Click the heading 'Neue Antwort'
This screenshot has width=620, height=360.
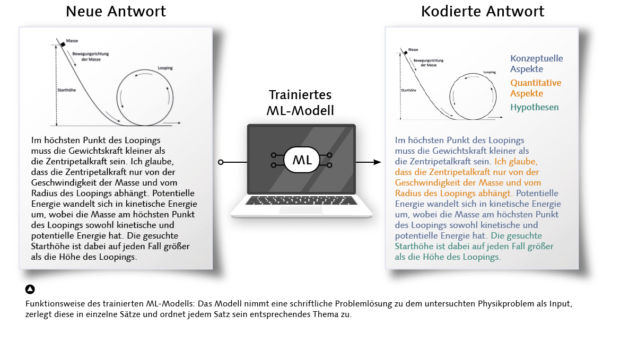pyautogui.click(x=116, y=11)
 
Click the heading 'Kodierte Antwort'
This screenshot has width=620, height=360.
pyautogui.click(x=482, y=11)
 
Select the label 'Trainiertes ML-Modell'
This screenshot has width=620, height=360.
pyautogui.click(x=300, y=103)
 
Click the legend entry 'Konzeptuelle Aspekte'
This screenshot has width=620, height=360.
pyautogui.click(x=536, y=64)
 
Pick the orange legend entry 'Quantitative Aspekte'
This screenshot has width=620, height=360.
pyautogui.click(x=535, y=88)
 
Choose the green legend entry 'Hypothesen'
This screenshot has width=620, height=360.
pyautogui.click(x=534, y=107)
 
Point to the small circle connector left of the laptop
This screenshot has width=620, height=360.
pyautogui.click(x=221, y=162)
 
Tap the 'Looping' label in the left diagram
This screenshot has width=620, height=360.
pyautogui.click(x=165, y=68)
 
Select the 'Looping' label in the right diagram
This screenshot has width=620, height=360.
pyautogui.click(x=490, y=71)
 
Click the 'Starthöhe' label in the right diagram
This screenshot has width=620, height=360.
pyautogui.click(x=408, y=90)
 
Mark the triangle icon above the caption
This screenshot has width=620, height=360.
pyautogui.click(x=30, y=289)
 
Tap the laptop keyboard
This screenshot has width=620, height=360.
pyautogui.click(x=300, y=200)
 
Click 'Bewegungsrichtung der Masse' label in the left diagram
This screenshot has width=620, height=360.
pyautogui.click(x=87, y=57)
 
